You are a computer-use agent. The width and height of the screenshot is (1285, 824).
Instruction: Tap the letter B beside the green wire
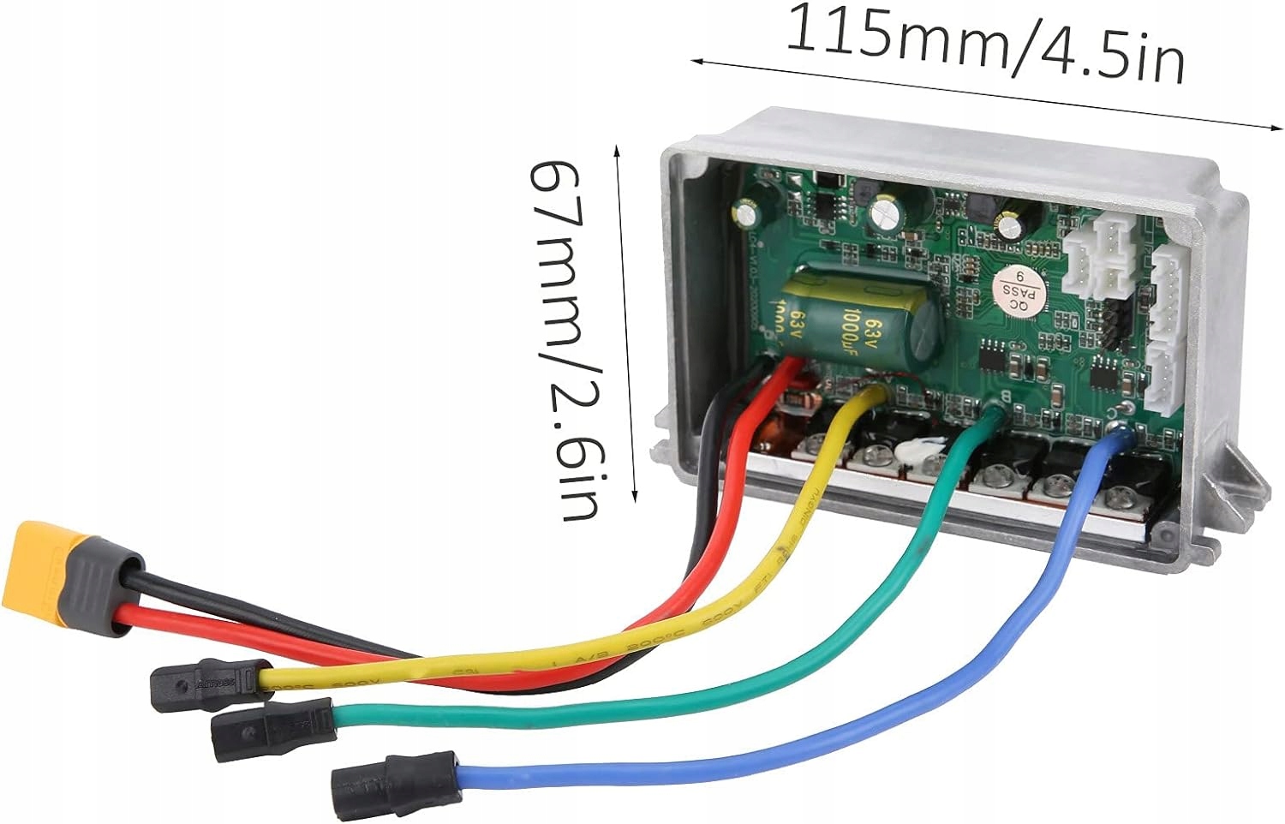[x=995, y=396]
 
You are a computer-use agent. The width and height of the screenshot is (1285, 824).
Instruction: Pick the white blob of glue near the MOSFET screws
[x=924, y=452]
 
